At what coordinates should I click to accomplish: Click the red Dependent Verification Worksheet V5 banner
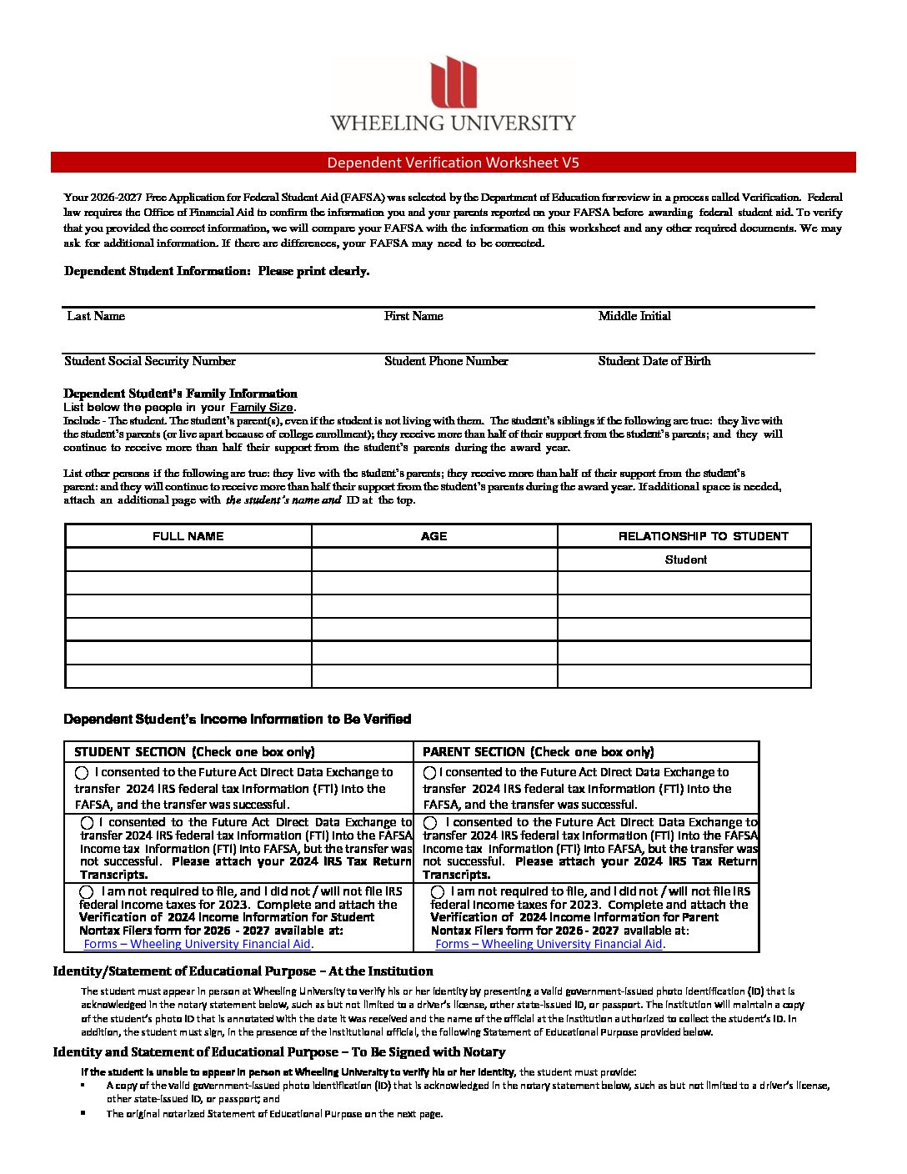coord(453,163)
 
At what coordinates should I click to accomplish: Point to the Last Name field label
coord(96,316)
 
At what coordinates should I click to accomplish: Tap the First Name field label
coord(413,316)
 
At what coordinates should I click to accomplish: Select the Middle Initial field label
coord(634,316)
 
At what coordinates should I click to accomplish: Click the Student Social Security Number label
coord(150,361)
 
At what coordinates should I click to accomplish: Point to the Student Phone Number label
coord(446,361)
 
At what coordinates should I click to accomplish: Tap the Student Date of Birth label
coord(654,361)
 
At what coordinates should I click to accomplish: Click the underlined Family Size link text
coord(262,408)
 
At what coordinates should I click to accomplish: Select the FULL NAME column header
coord(188,536)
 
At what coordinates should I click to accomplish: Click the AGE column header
coord(434,536)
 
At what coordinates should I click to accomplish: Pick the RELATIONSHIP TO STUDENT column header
coord(703,536)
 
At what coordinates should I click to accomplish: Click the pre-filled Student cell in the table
coord(685,559)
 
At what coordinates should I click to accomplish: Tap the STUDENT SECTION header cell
coord(194,752)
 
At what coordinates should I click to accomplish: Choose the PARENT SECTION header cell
coord(538,752)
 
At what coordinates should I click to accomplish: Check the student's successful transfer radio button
coord(82,773)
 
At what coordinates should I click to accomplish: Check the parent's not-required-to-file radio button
coord(438,892)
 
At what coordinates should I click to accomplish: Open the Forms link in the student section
coord(198,945)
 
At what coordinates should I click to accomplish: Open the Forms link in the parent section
coord(549,945)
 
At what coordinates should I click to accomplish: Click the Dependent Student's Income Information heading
coord(238,719)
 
